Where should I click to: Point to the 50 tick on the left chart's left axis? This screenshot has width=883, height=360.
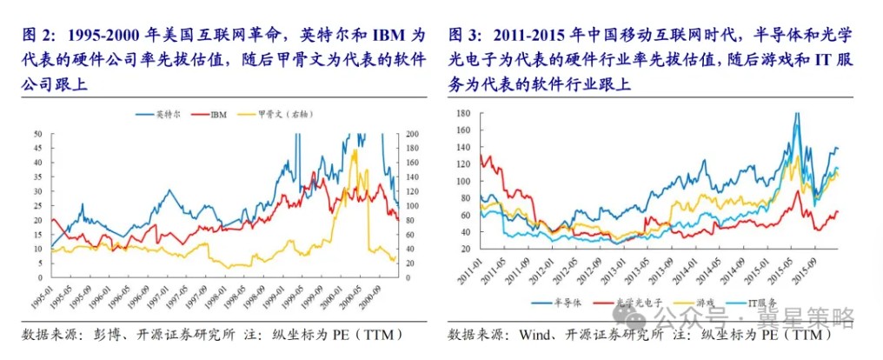pos(37,134)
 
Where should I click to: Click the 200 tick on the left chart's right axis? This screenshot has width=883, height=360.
pos(410,134)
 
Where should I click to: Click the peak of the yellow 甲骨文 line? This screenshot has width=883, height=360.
pos(355,150)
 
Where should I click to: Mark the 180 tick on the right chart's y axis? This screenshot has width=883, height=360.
pos(462,114)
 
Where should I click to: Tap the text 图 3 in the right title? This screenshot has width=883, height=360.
pos(465,36)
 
